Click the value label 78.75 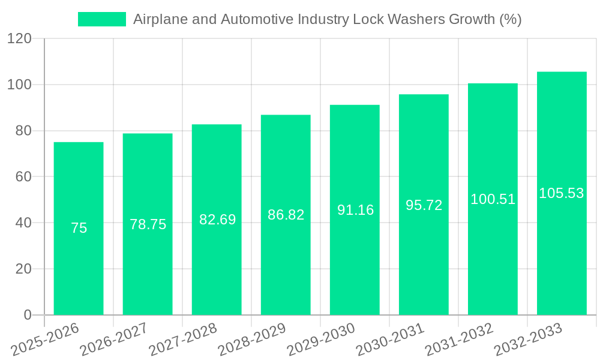[x=148, y=224]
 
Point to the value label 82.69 [x=217, y=220]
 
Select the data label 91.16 [x=355, y=210]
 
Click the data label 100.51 [x=493, y=199]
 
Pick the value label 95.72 [x=424, y=205]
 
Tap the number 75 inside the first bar [x=79, y=228]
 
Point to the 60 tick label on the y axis [x=23, y=177]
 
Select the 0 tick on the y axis [x=28, y=315]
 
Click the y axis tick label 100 [x=19, y=85]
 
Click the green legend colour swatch [x=101, y=19]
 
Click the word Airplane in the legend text [x=157, y=19]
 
